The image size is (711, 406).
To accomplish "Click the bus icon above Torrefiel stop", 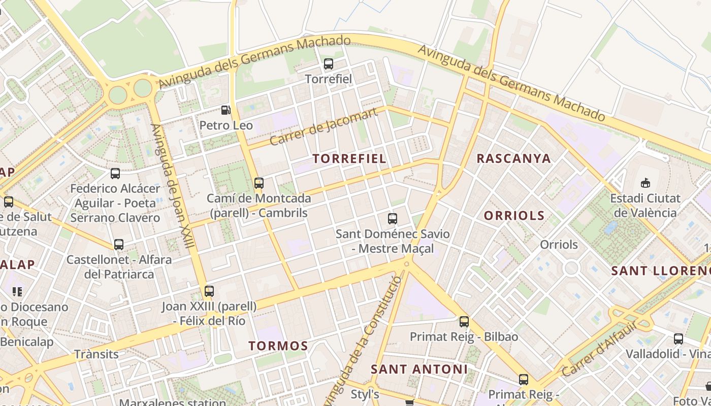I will point(329,64).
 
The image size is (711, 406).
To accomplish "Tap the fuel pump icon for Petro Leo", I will point(225,110).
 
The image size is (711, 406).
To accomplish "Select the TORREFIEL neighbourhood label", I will point(349,158).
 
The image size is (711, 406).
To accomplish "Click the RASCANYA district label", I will point(513,158).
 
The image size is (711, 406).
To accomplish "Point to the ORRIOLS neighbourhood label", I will point(514,216).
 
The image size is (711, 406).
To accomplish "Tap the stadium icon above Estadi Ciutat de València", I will point(645,183).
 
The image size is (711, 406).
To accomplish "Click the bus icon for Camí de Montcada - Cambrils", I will point(259,183).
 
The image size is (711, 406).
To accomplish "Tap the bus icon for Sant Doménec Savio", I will point(393,219).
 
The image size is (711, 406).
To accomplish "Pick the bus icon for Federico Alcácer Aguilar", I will point(115,174).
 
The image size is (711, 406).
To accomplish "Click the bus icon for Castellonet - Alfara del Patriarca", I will point(119,245).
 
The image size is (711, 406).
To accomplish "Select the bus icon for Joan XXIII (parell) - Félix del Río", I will point(209,291).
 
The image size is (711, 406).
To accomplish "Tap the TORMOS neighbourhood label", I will point(278,346).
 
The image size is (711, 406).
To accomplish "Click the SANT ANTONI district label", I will point(419,369).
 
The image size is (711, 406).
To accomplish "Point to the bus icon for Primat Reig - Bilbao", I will point(464,321).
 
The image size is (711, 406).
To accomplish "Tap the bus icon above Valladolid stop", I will point(678,339).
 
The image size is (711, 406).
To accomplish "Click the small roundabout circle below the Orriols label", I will point(571,268).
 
